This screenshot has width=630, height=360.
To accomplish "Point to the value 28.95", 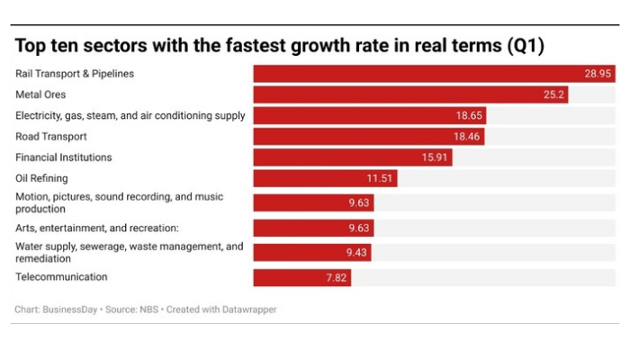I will [598, 74].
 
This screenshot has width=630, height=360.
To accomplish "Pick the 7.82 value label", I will [335, 277].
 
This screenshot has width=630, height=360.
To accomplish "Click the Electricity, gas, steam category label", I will [130, 115].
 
